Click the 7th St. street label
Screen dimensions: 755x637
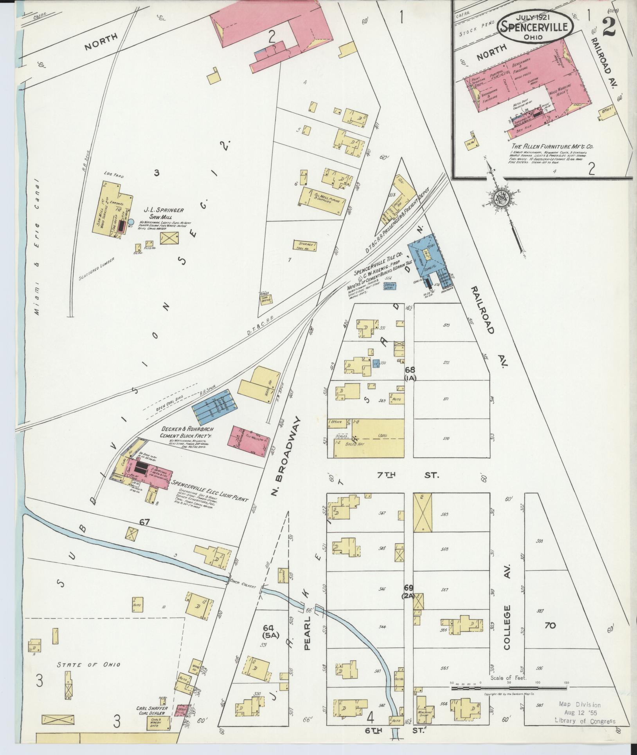click(x=407, y=475)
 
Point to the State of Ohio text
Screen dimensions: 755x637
click(x=88, y=664)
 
